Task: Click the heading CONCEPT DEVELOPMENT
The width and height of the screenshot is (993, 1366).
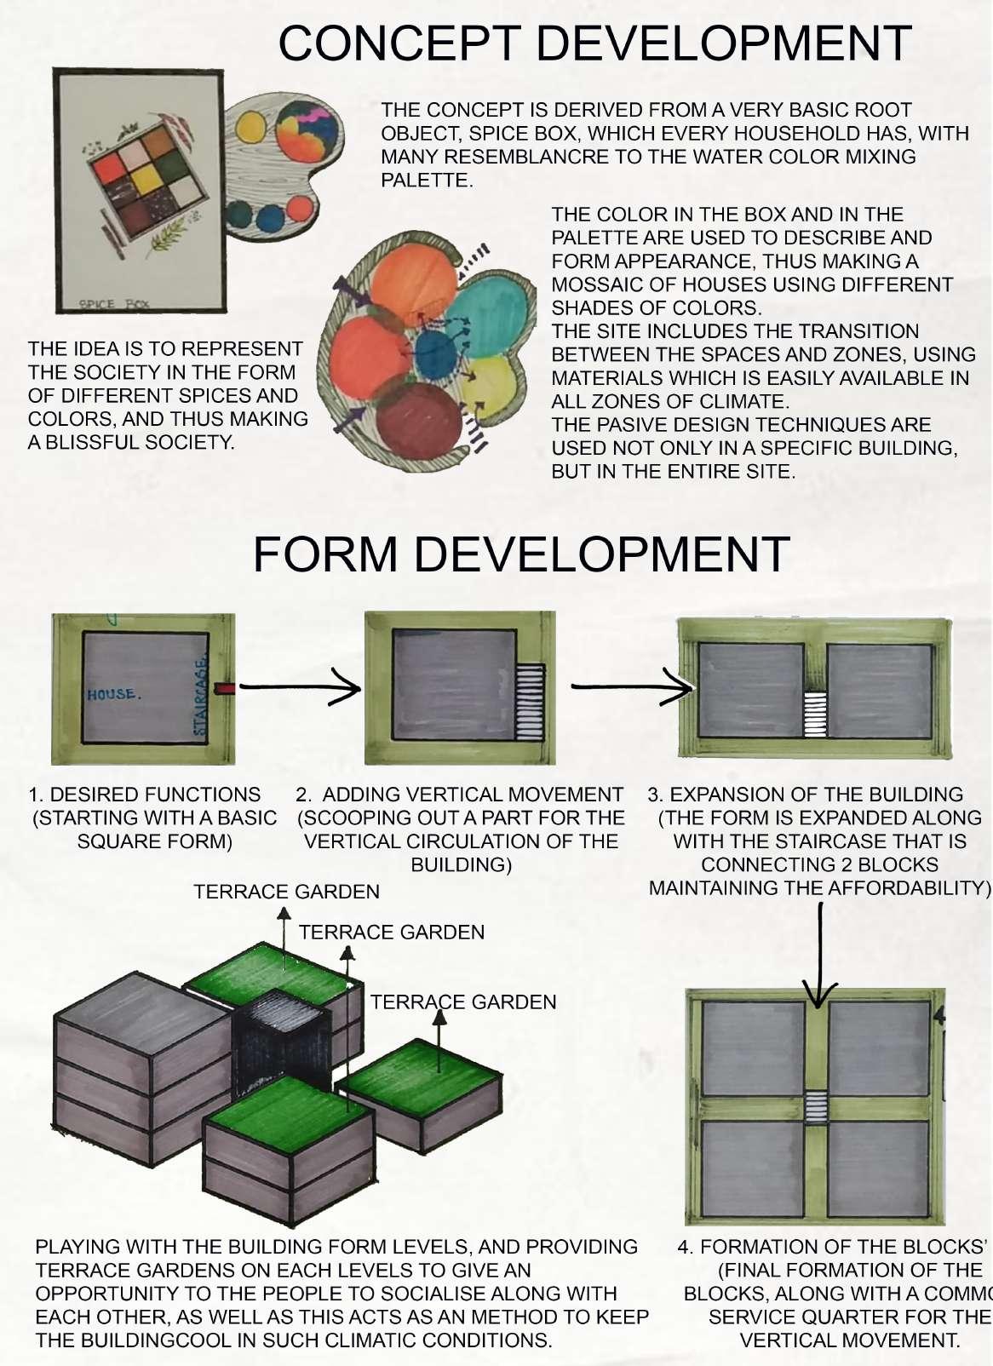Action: pyautogui.click(x=594, y=43)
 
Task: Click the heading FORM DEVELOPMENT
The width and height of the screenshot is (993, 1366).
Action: pyautogui.click(x=520, y=554)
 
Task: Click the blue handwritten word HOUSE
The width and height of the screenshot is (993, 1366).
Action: pyautogui.click(x=113, y=694)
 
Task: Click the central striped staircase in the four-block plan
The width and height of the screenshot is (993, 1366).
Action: pyautogui.click(x=816, y=1106)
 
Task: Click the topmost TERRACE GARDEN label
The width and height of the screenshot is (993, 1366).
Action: pyautogui.click(x=286, y=892)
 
